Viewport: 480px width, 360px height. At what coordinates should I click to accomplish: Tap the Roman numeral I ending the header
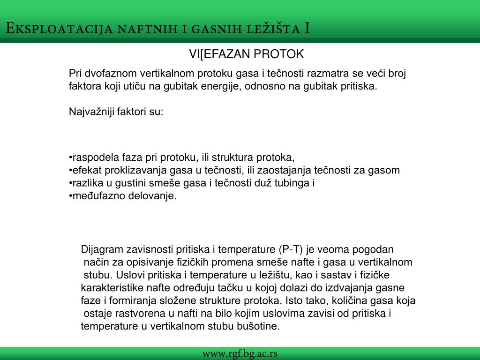coord(307,29)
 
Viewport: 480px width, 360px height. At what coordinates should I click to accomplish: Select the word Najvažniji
coord(91,112)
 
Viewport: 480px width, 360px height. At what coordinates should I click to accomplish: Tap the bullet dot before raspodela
coord(70,157)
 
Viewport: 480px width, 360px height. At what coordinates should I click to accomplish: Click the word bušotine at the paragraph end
coord(261,326)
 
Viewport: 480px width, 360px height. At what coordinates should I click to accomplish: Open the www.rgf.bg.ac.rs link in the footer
coord(240,353)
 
